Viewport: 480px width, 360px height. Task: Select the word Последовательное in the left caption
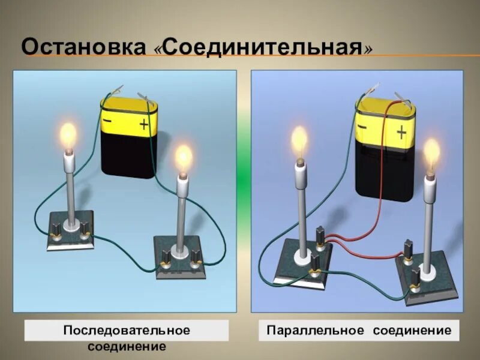(x=127, y=331)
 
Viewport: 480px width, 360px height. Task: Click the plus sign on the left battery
(x=144, y=125)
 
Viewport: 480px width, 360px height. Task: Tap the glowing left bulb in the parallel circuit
(x=299, y=140)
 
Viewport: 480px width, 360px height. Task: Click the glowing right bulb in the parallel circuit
(x=431, y=154)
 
